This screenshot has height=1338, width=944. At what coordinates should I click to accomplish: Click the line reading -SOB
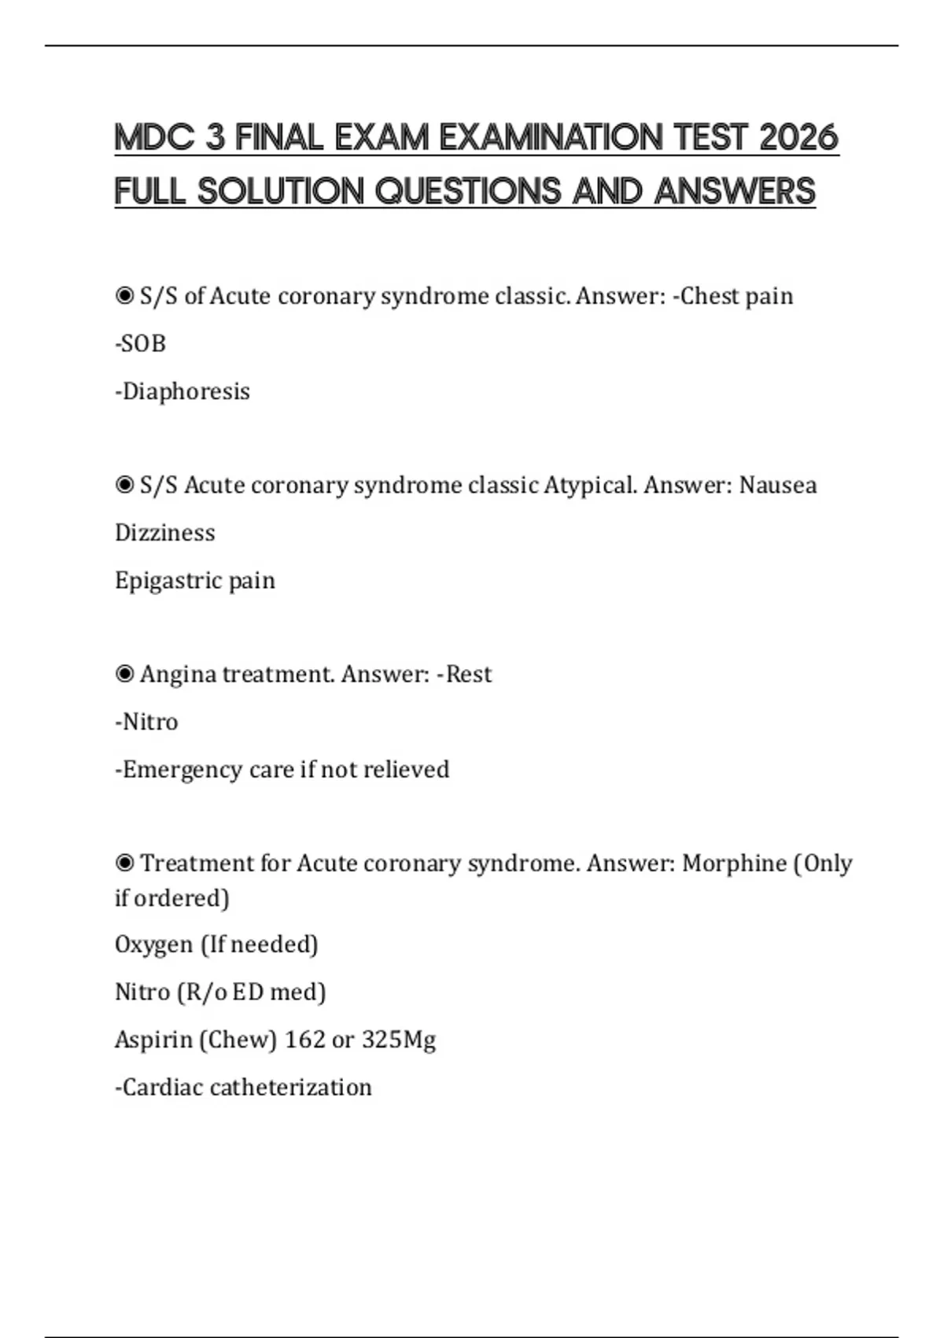tap(140, 344)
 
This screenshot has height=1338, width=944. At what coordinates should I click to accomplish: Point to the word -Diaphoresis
tap(183, 391)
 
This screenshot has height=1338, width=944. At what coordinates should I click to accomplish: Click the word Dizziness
tap(164, 533)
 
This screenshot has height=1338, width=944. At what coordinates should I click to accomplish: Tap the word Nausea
tap(777, 485)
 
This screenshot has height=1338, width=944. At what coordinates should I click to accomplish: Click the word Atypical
tap(589, 485)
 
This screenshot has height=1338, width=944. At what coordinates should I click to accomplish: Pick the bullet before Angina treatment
tap(124, 675)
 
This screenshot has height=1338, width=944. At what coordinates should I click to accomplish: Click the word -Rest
tap(464, 675)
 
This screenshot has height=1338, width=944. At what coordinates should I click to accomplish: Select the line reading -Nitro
tap(146, 722)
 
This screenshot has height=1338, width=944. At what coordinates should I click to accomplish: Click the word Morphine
tap(733, 863)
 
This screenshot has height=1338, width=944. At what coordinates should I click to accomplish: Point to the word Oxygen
tap(153, 944)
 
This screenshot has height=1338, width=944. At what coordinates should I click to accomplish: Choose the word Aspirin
tap(153, 1040)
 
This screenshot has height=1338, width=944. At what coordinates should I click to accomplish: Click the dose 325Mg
tap(398, 1040)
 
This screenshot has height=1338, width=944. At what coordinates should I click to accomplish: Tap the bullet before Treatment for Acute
tap(124, 863)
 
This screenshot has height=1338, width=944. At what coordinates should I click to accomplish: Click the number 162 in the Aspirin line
tap(304, 1040)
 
